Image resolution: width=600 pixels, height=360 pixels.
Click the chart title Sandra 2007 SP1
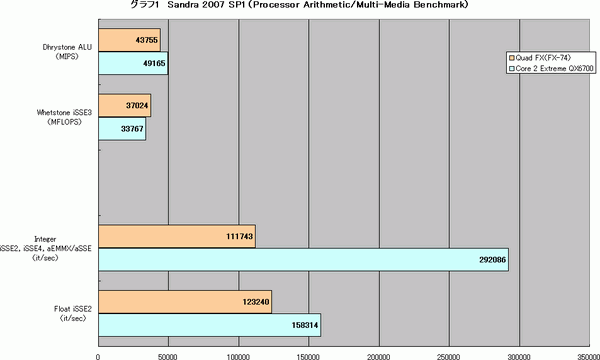pos(300,6)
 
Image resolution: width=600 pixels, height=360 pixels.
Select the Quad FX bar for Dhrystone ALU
pos(129,39)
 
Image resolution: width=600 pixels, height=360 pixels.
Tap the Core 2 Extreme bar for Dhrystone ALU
pos(133,62)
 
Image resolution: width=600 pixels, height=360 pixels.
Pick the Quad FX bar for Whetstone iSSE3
pos(124,104)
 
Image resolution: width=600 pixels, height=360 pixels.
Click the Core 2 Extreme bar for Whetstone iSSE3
pos(122,127)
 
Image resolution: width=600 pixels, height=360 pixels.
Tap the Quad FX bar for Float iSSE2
pos(184,301)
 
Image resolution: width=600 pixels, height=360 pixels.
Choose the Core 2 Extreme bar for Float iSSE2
pos(208,324)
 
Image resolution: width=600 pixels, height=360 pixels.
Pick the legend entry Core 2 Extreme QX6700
pos(553,70)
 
